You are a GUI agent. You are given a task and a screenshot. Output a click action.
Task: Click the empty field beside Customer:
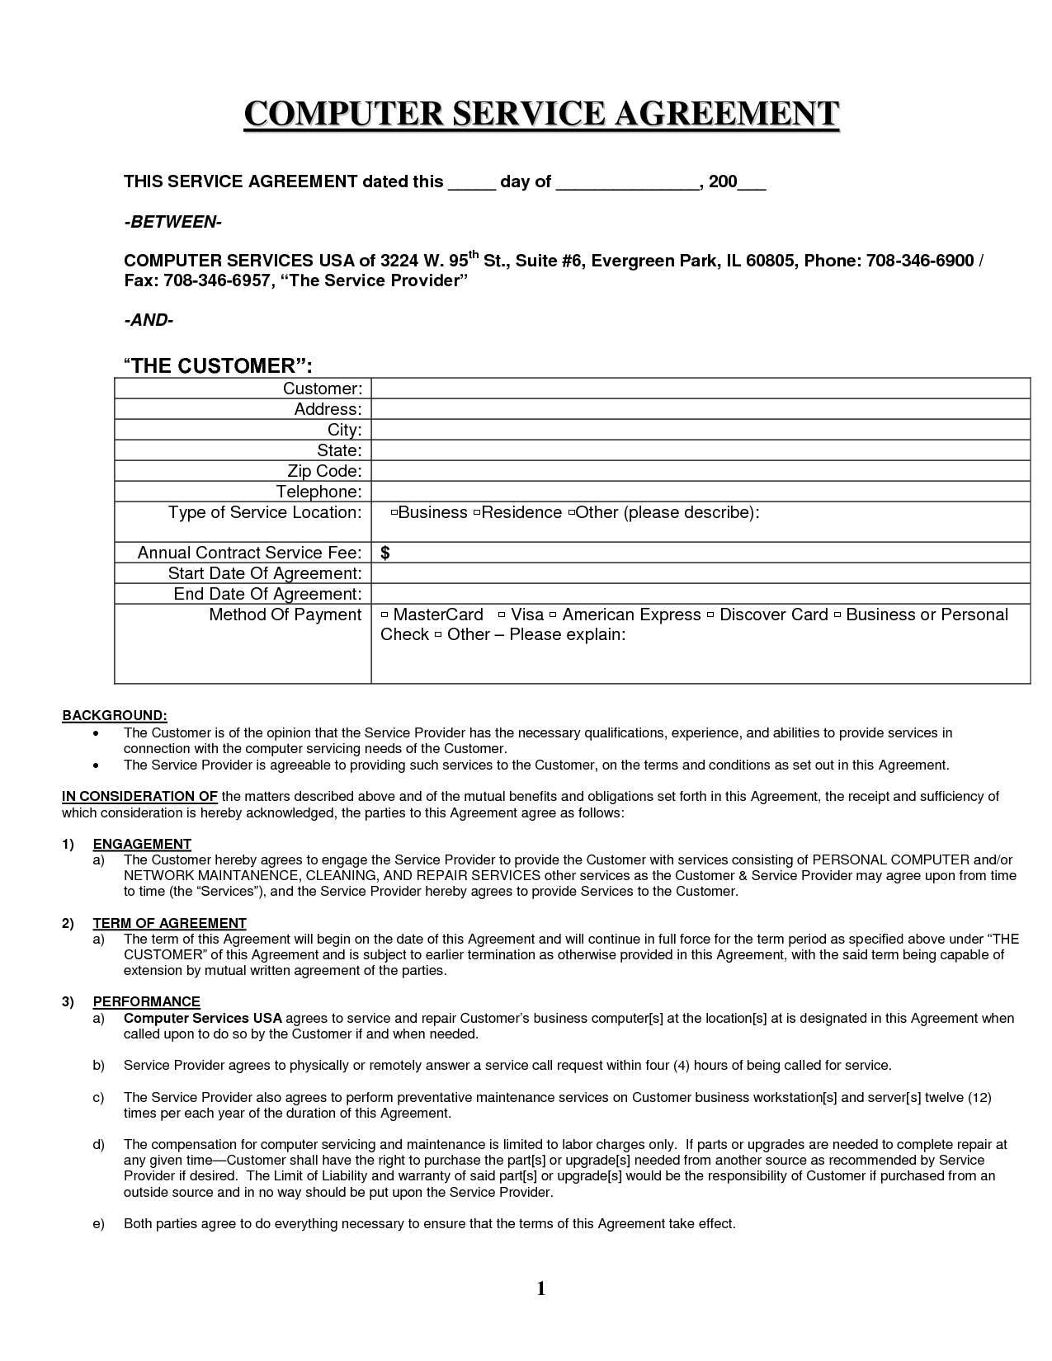pyautogui.click(x=701, y=389)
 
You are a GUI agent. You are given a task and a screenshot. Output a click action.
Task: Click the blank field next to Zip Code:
pyautogui.click(x=701, y=471)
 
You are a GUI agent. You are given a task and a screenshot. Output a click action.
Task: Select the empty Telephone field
pyautogui.click(x=701, y=492)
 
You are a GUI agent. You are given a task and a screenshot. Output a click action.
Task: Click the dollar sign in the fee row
pyautogui.click(x=385, y=553)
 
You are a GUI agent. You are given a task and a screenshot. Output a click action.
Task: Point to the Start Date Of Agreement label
pyautogui.click(x=265, y=573)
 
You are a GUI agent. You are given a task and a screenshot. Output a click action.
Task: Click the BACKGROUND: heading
pyautogui.click(x=115, y=715)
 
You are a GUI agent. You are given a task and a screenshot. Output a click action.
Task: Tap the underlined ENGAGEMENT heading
pyautogui.click(x=142, y=844)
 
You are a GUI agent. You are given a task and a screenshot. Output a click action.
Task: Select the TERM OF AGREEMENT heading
pyautogui.click(x=169, y=923)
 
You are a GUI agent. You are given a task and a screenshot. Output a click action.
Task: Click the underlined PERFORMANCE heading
pyautogui.click(x=146, y=1001)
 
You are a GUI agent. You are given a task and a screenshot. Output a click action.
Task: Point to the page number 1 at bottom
pyautogui.click(x=541, y=1288)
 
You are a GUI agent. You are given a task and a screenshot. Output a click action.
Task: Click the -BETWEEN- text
pyautogui.click(x=172, y=223)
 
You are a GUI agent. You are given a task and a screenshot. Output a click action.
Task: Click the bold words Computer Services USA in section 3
pyautogui.click(x=203, y=1018)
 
